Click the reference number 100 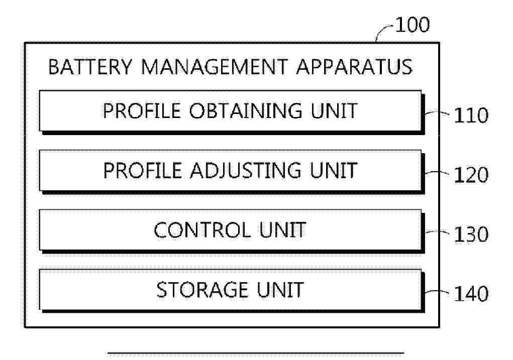tap(413, 25)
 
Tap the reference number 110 tap(471, 115)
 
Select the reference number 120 tap(471, 175)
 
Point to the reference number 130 tap(471, 234)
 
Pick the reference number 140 tap(471, 293)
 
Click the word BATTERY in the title tap(90, 67)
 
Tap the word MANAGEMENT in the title tap(215, 67)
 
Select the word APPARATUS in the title tap(354, 67)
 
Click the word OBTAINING tap(246, 110)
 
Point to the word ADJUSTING tap(245, 170)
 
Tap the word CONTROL tap(202, 230)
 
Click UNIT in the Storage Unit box tap(280, 290)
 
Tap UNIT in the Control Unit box tap(283, 230)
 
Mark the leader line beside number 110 tap(437, 113)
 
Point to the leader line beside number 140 tap(437, 291)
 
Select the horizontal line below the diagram tap(256, 353)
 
